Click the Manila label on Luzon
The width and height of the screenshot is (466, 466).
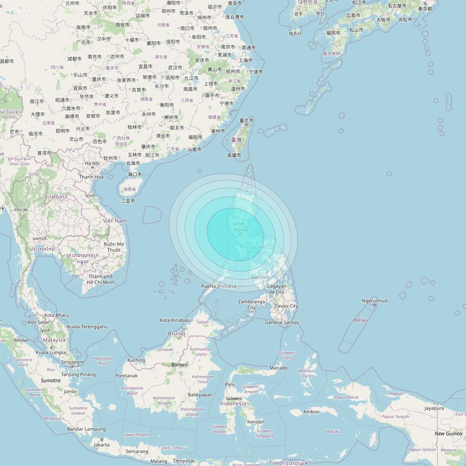coord(240,230)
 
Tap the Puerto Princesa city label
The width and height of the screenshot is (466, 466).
coord(219,286)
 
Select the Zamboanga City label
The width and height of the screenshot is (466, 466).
coord(252,305)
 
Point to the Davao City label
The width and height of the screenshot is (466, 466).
coord(286,306)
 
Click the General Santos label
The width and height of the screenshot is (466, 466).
coord(282,322)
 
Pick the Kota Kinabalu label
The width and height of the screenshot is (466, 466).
coord(175,320)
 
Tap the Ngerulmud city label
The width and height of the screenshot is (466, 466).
coord(375,301)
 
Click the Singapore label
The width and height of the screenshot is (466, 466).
coord(72,362)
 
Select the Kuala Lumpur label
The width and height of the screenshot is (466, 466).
coord(51,353)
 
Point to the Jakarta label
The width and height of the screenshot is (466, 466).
coord(102,444)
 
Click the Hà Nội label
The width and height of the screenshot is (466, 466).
coord(92,163)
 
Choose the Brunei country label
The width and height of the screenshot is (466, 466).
coord(176,333)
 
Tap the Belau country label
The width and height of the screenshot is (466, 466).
coord(361,320)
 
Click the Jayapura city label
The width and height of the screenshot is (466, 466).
coord(434,408)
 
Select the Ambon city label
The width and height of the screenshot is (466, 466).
coord(312,412)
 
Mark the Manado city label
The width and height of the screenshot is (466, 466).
coord(279,368)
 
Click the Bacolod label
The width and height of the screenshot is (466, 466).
coord(260,277)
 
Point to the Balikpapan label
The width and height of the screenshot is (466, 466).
coord(200,394)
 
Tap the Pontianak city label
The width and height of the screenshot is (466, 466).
coord(126,375)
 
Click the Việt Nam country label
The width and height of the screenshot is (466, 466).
coord(115,220)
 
